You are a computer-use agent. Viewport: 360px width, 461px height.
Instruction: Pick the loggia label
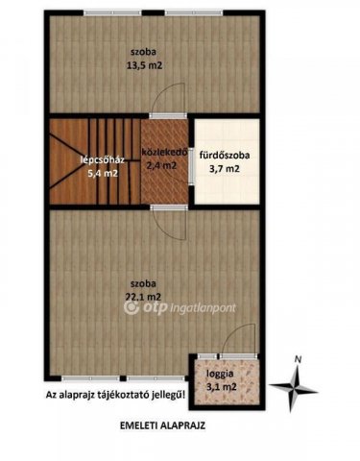tap(221, 373)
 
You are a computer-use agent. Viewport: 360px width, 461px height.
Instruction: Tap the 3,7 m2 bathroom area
tap(225, 169)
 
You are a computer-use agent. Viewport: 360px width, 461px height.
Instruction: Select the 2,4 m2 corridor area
tap(162, 165)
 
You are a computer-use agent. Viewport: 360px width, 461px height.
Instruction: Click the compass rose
tap(296, 388)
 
